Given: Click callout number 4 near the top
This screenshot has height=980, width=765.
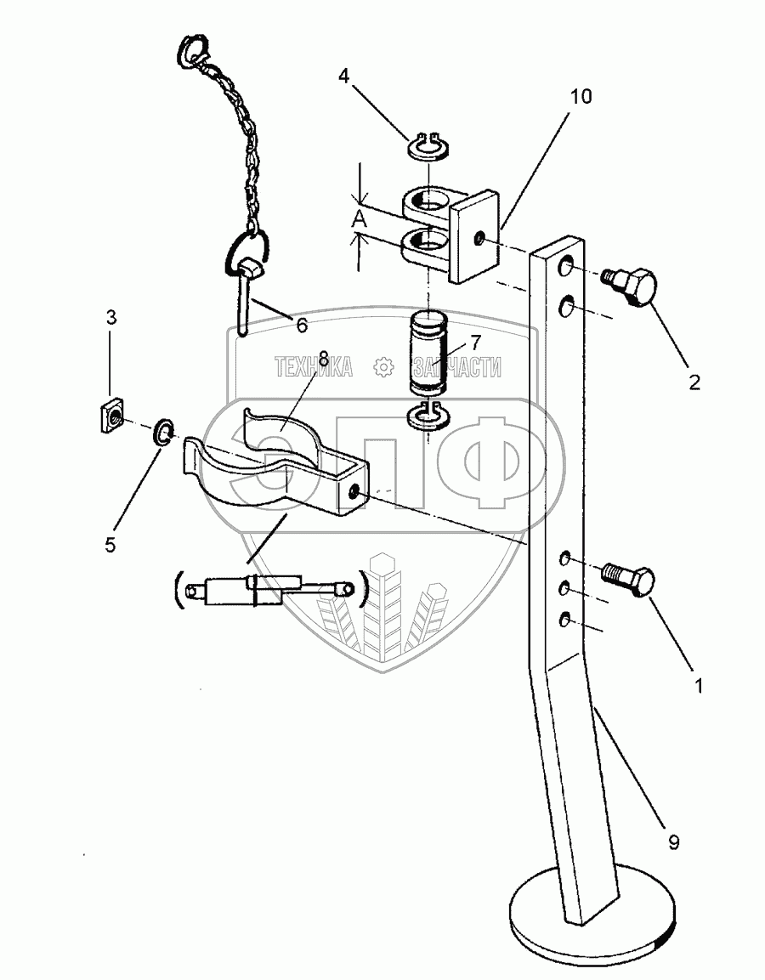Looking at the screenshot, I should (x=343, y=76).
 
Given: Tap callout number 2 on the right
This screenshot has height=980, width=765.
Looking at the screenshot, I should (x=694, y=382).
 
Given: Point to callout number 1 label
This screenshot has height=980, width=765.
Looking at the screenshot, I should (x=699, y=685).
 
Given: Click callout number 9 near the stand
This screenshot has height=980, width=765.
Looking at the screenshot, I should (x=673, y=842).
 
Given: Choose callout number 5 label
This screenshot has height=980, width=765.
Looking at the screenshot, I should (x=110, y=545).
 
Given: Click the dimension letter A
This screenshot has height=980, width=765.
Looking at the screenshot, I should (x=360, y=218).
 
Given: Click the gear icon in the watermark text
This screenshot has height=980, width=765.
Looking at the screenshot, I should (x=382, y=367).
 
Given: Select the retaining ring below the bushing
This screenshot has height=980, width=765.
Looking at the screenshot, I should (x=429, y=417).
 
